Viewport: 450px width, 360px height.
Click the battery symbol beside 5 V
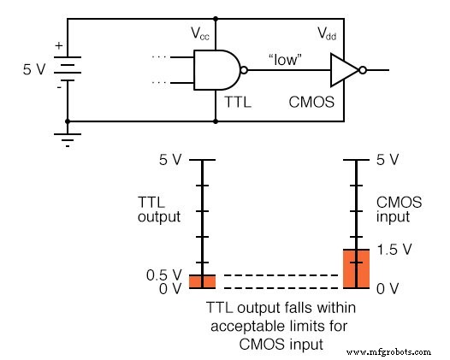coord(67,68)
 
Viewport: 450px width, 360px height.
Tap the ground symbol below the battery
coord(67,136)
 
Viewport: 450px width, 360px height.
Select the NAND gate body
coord(216,70)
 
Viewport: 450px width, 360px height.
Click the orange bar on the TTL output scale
coord(202,281)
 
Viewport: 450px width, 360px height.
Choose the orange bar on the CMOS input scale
coord(356,269)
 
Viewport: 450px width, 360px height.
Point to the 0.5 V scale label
coord(165,274)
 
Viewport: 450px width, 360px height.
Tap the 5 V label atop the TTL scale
coord(171,161)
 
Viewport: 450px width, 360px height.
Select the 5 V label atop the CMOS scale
coord(388,161)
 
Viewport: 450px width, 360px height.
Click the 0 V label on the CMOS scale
coord(388,288)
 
